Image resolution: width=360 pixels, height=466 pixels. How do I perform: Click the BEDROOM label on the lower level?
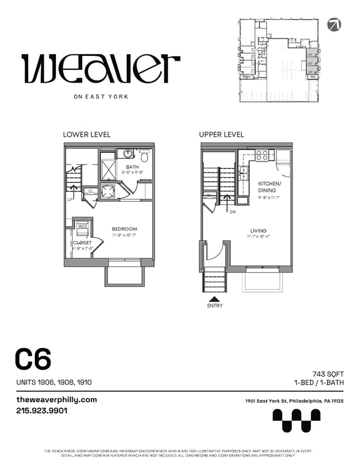(x=124, y=229)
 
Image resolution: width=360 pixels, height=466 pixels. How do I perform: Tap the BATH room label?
(x=132, y=167)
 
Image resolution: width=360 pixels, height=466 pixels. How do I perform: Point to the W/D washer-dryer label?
(x=82, y=226)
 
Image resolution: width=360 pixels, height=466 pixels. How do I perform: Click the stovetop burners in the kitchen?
(x=261, y=156)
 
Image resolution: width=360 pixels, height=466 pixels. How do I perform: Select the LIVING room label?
(x=258, y=231)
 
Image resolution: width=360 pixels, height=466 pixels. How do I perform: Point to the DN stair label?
(x=233, y=211)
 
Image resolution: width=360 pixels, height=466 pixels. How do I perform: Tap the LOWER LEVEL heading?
(x=86, y=135)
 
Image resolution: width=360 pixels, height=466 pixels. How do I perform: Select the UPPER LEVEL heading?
(x=222, y=135)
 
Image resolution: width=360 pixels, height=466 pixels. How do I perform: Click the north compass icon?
(x=334, y=24)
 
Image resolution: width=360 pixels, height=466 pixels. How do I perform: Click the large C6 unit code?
(x=33, y=359)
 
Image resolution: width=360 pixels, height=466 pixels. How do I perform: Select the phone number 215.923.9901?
(x=42, y=411)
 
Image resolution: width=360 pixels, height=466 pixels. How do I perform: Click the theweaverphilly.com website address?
(x=56, y=400)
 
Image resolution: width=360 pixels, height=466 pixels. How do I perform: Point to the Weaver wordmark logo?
(x=100, y=69)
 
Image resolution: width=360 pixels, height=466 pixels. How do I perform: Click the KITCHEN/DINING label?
(x=270, y=187)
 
